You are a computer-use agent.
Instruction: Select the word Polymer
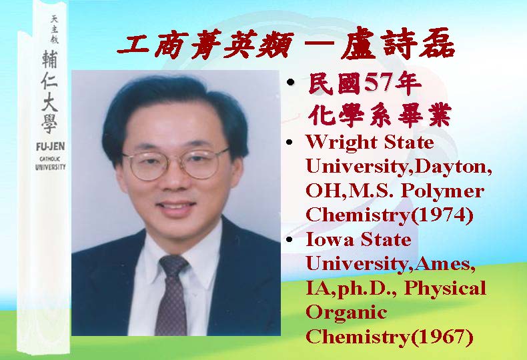[x=443, y=192]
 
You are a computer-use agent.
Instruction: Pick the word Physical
[x=445, y=289]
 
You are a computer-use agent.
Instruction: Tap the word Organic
[x=346, y=313]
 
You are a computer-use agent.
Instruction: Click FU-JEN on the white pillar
[x=51, y=147]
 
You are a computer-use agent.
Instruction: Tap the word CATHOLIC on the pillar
[x=50, y=159]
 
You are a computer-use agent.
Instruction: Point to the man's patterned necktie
[x=171, y=295]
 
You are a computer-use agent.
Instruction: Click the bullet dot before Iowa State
[x=290, y=239]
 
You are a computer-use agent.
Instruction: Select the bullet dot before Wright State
[x=290, y=142]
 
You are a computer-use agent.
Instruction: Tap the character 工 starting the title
[x=134, y=45]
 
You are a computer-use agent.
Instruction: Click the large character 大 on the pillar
[x=50, y=102]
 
